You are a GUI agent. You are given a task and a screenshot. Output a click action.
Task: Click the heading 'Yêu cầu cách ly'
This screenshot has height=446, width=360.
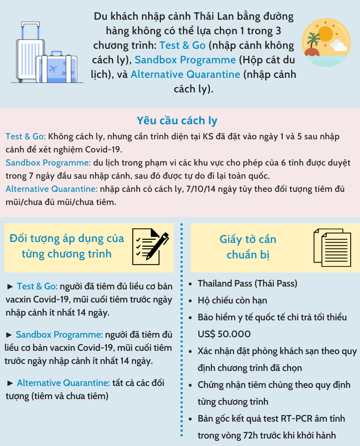(x=177, y=121)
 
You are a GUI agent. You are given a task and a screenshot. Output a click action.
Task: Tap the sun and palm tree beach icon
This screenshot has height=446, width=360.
(x=324, y=45)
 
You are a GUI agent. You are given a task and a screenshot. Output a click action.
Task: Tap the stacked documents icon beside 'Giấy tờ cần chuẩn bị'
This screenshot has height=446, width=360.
(x=331, y=247)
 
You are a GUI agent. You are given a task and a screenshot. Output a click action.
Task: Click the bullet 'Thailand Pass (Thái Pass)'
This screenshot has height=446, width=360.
(x=247, y=283)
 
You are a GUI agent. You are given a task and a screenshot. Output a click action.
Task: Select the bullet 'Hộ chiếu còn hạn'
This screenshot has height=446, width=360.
(x=232, y=300)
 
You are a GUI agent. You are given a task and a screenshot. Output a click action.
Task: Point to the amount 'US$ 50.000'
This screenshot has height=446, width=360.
(x=224, y=334)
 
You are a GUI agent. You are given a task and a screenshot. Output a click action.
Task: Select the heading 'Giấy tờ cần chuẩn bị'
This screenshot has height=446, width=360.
(x=248, y=247)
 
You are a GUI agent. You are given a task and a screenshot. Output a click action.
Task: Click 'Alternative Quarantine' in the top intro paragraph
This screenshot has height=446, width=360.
(x=186, y=74)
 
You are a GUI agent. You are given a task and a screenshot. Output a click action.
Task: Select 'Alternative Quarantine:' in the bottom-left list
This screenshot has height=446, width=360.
(x=64, y=383)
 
